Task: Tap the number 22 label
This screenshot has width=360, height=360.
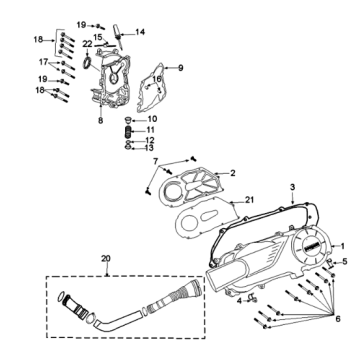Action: pyautogui.click(x=88, y=45)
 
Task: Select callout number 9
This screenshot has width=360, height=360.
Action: pyautogui.click(x=181, y=68)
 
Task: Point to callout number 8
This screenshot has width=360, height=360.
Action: pyautogui.click(x=100, y=120)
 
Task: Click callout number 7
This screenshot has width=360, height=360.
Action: pyautogui.click(x=155, y=160)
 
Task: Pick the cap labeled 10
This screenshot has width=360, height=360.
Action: pyautogui.click(x=128, y=119)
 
